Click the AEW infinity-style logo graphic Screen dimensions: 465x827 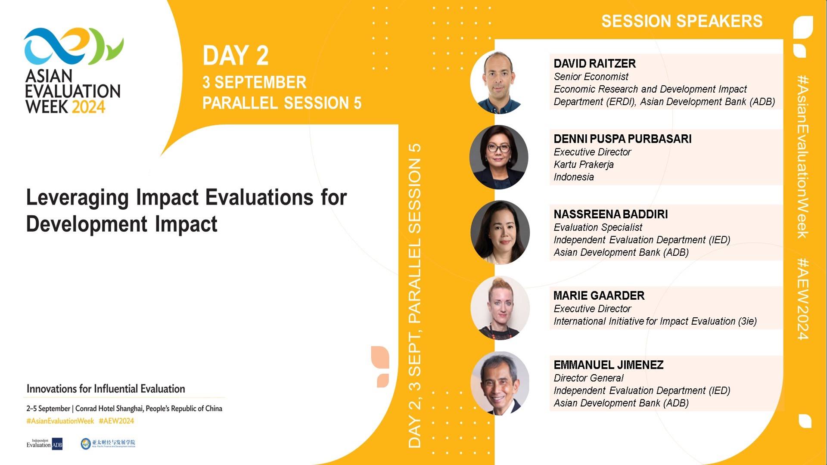[73, 46]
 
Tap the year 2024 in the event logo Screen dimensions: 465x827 [88, 107]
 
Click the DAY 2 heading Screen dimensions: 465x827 [236, 56]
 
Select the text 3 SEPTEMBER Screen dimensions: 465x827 [254, 82]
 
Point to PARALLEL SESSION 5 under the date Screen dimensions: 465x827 [282, 103]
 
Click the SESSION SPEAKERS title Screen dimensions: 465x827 [681, 21]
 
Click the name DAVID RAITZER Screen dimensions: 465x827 [594, 64]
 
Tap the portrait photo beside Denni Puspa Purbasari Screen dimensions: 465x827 [499, 157]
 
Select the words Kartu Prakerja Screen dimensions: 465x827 [583, 164]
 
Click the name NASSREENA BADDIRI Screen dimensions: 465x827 [610, 214]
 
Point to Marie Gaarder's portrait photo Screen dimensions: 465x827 [500, 308]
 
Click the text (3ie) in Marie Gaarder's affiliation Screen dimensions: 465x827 [747, 321]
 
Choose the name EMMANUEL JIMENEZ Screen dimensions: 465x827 [608, 365]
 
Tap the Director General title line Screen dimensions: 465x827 [588, 378]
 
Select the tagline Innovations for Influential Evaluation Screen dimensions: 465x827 [106, 389]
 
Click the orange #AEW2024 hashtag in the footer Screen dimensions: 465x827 [116, 421]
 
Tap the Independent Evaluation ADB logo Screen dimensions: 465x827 [44, 444]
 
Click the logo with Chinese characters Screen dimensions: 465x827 [108, 443]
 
